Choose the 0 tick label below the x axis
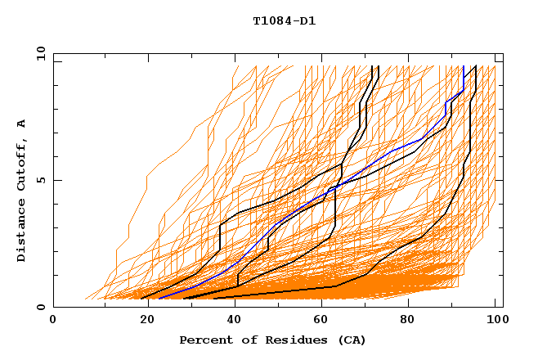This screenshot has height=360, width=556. (x=54, y=320)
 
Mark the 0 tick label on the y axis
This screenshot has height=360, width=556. (x=41, y=308)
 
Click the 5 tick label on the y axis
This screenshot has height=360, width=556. (x=41, y=180)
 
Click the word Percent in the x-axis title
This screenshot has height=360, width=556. (x=205, y=340)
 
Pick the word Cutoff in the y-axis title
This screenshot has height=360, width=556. (x=21, y=164)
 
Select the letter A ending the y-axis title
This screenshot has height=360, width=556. (x=21, y=123)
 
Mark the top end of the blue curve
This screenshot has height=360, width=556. (x=464, y=66)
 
